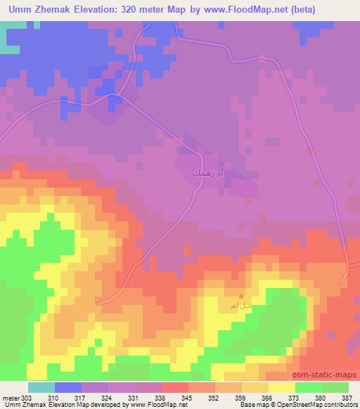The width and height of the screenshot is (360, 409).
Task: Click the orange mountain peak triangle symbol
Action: coord(242,297)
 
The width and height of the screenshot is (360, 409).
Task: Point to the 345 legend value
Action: coord(186,397)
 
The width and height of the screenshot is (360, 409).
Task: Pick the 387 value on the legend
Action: coord(347,397)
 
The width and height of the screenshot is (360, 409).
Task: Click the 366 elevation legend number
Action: coord(266,397)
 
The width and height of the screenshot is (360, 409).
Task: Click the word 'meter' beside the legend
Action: coord(9,397)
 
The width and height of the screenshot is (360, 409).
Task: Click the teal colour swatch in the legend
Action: coord(41,387)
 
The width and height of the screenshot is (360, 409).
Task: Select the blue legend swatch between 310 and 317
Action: coord(68,387)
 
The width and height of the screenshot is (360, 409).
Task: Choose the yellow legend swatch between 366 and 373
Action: coord(282,387)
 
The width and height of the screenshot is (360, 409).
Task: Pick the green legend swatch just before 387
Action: coord(335,387)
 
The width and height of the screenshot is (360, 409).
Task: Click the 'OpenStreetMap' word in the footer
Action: coord(300,405)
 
